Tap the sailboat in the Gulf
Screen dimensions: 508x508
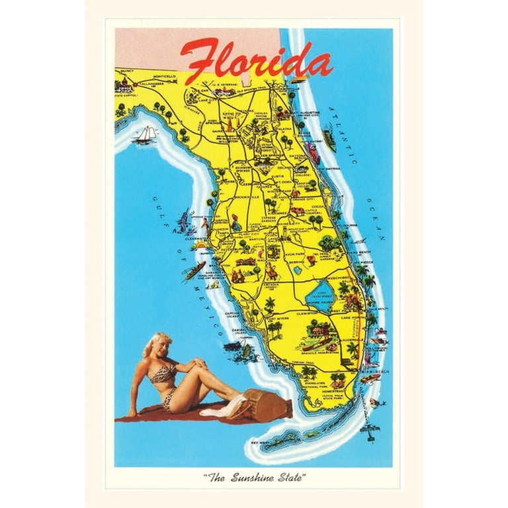[x=146, y=135]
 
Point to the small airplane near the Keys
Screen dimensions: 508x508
[x=369, y=429]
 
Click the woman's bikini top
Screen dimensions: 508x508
[x=163, y=374]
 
